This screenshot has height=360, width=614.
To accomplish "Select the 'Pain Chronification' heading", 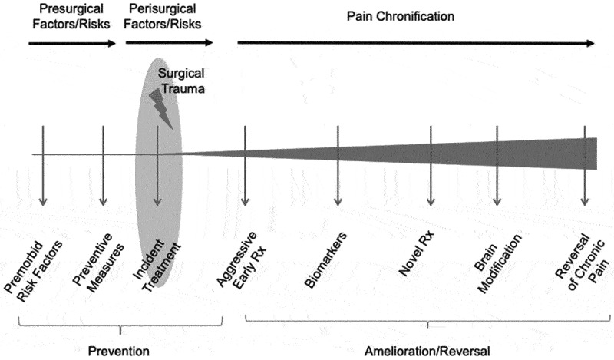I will click(411, 15).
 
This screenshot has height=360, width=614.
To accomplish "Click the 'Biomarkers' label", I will click(328, 257).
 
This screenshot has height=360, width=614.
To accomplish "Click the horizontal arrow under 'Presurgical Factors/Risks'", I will click(72, 44).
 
